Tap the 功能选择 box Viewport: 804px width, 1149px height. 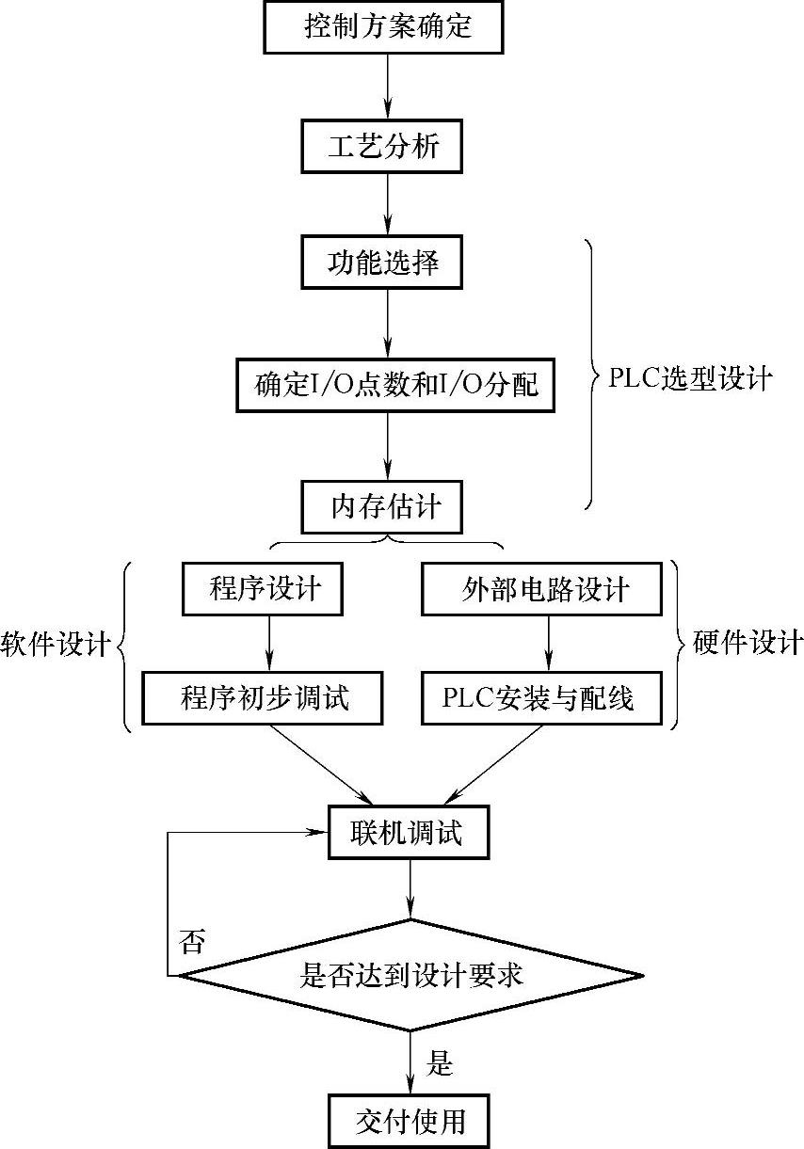click(x=383, y=263)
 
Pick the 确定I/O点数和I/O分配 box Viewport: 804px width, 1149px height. click(x=396, y=384)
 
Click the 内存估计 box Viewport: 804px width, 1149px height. click(x=385, y=507)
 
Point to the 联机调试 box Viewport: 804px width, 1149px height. click(x=410, y=833)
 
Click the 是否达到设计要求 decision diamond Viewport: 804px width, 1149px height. click(x=410, y=976)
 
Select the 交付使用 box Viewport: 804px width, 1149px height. click(x=410, y=1121)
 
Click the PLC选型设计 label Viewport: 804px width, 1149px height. click(x=690, y=379)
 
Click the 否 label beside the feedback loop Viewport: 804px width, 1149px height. click(x=191, y=941)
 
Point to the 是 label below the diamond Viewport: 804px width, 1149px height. click(x=440, y=1064)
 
